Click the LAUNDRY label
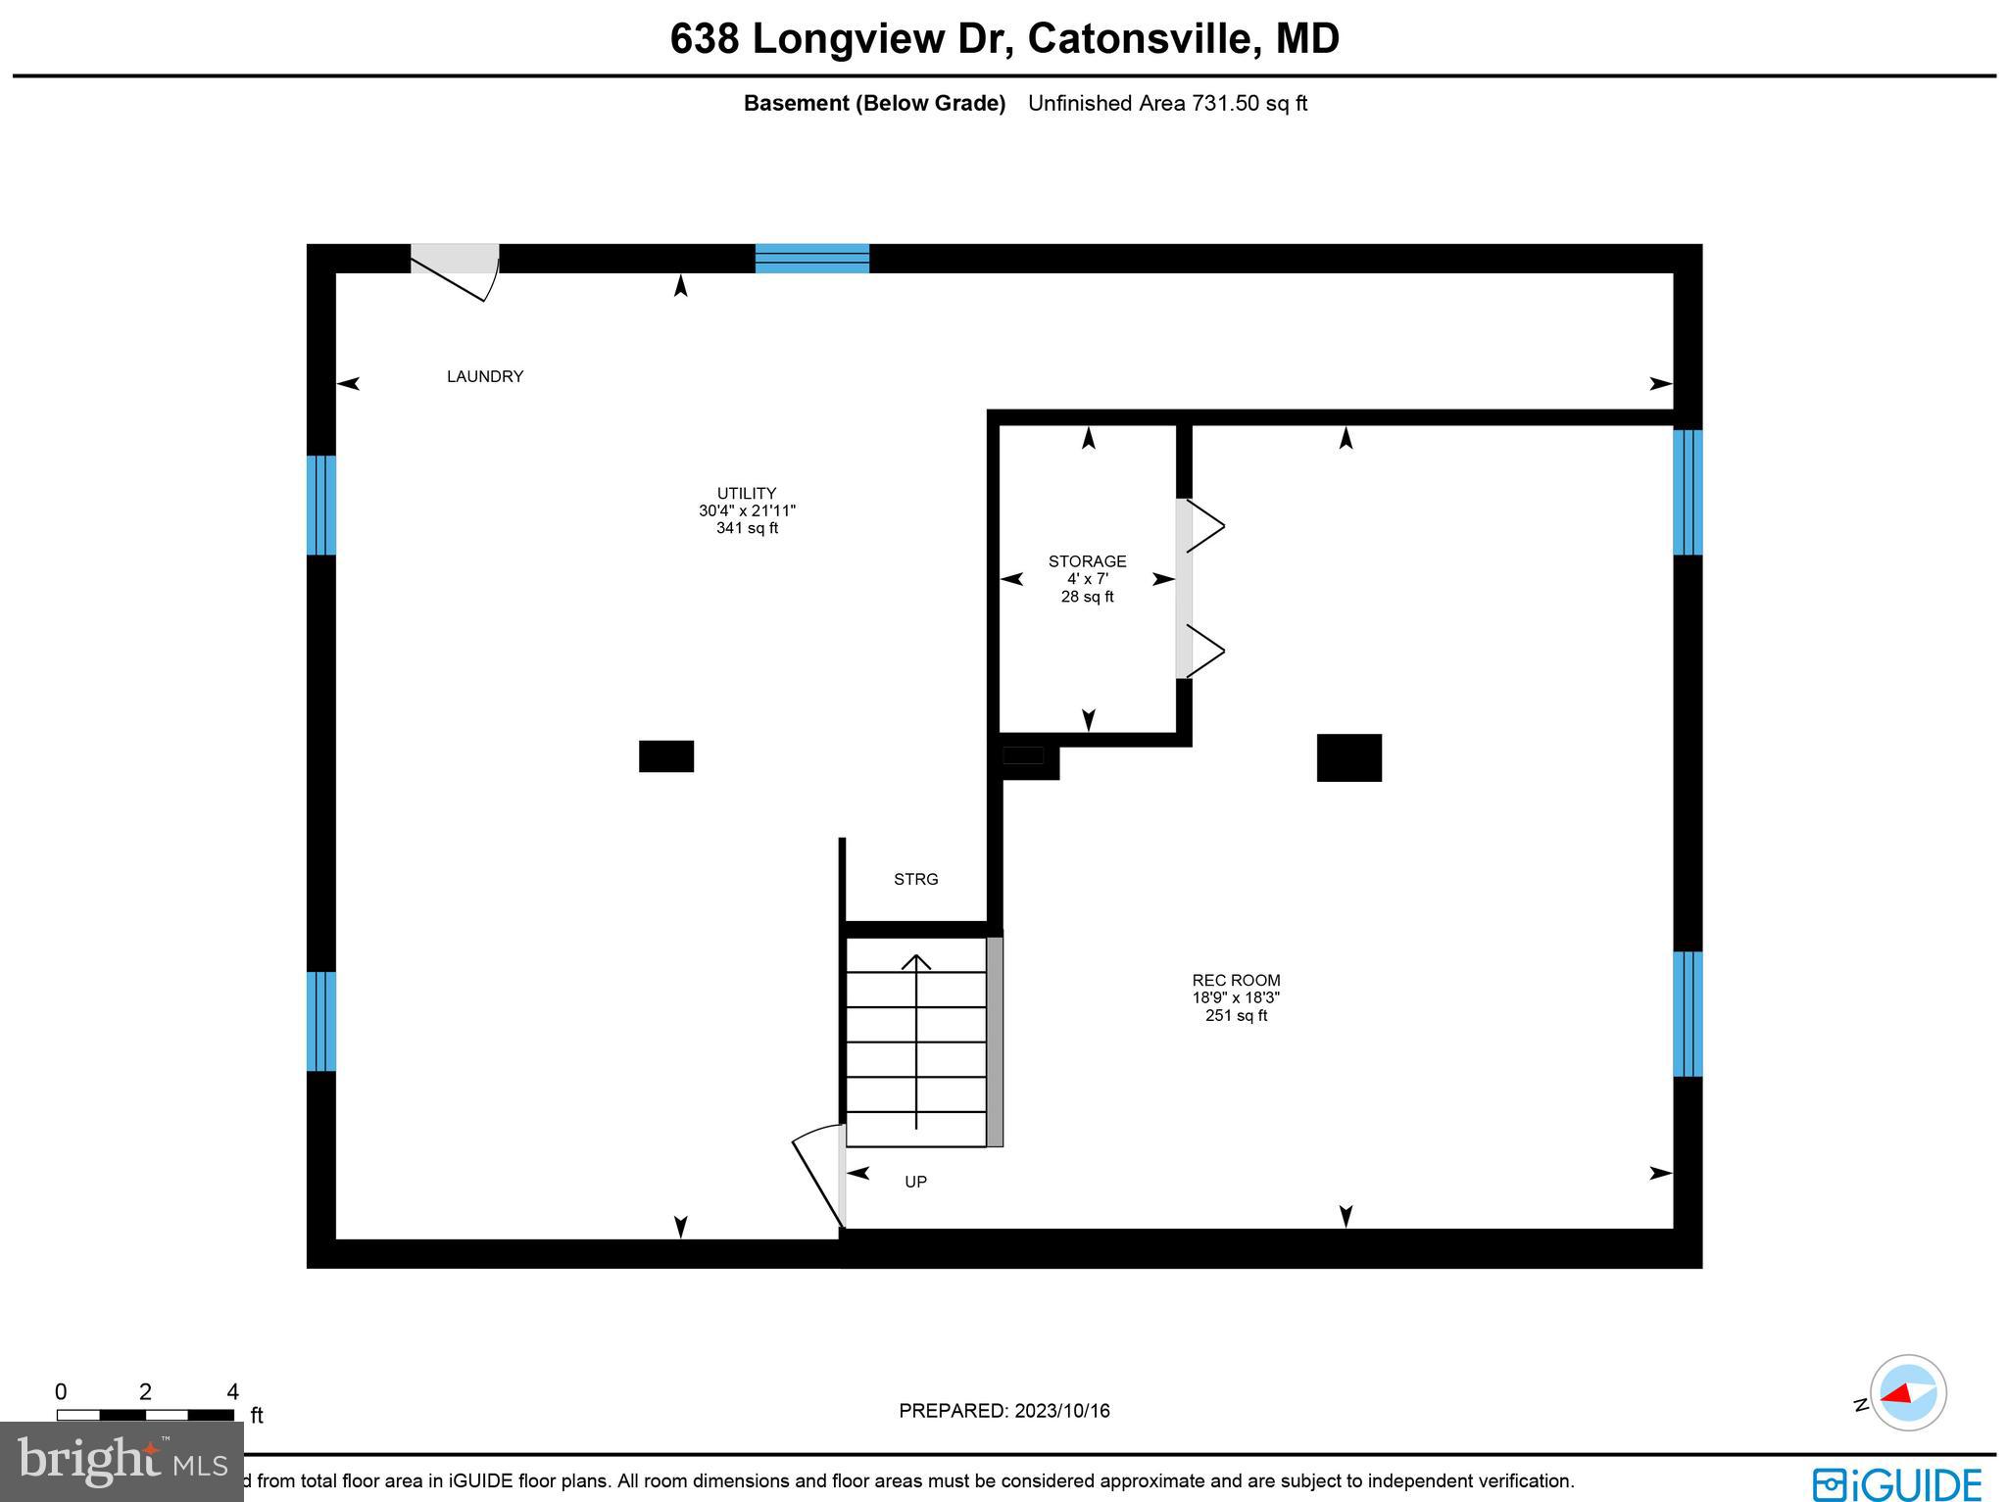[485, 376]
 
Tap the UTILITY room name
[747, 494]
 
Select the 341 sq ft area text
[747, 529]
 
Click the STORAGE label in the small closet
[1087, 561]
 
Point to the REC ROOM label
[1236, 980]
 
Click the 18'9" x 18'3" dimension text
[1236, 997]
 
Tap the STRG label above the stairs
[915, 880]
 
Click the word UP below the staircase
[915, 1182]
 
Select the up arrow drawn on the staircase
[916, 1039]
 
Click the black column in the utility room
[666, 756]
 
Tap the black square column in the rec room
[1348, 757]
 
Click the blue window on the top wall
[811, 258]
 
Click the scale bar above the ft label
[145, 1415]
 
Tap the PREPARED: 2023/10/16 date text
[1003, 1411]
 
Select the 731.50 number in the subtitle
[1225, 103]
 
